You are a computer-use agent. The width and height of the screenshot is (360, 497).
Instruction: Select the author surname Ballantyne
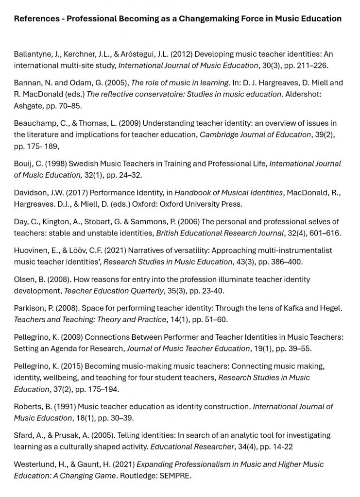click(x=33, y=54)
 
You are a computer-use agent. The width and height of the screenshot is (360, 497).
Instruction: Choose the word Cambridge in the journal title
click(x=221, y=134)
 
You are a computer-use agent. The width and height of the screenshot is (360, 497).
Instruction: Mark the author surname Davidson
click(x=31, y=193)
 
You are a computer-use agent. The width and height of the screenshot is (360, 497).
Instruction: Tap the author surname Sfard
click(x=23, y=435)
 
